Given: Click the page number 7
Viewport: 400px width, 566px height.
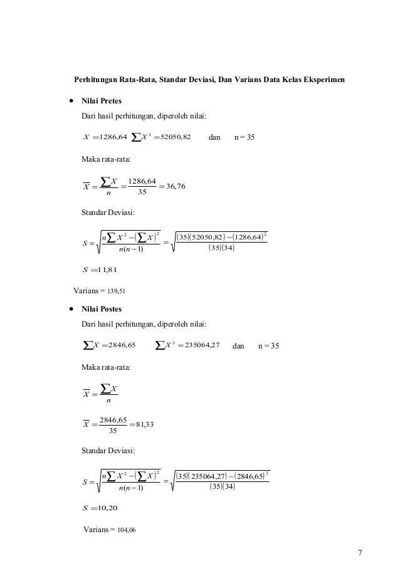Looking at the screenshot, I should tap(359, 552).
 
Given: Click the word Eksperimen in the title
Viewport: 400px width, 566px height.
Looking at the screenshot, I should tap(322, 81).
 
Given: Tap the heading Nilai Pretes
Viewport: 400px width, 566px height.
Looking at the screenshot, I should tap(102, 101).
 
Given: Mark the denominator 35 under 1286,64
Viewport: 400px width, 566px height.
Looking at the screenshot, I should tap(142, 192).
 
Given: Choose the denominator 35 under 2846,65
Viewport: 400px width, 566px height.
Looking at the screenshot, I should tap(113, 431).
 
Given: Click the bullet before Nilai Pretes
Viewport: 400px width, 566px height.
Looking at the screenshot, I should tap(73, 101).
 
